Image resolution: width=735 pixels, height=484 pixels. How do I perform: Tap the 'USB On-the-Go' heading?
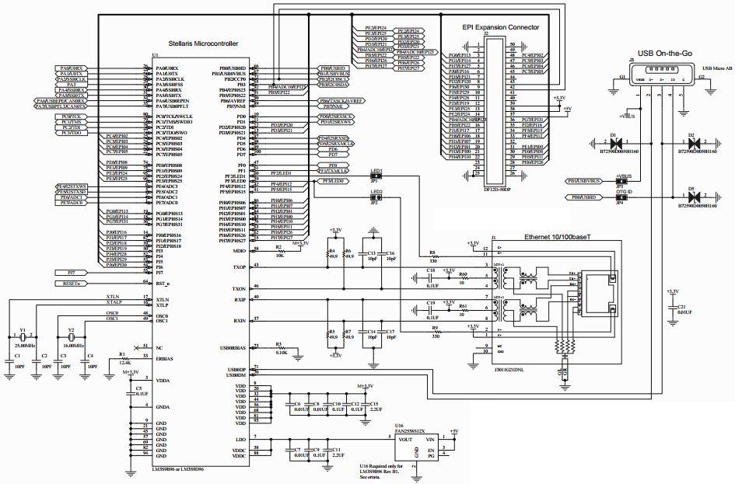pos(666,52)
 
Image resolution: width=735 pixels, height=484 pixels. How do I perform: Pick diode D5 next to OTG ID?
pos(691,197)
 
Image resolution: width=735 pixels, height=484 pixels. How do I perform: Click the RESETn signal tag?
pos(72,284)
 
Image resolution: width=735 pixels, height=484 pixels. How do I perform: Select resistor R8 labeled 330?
pos(433,257)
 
